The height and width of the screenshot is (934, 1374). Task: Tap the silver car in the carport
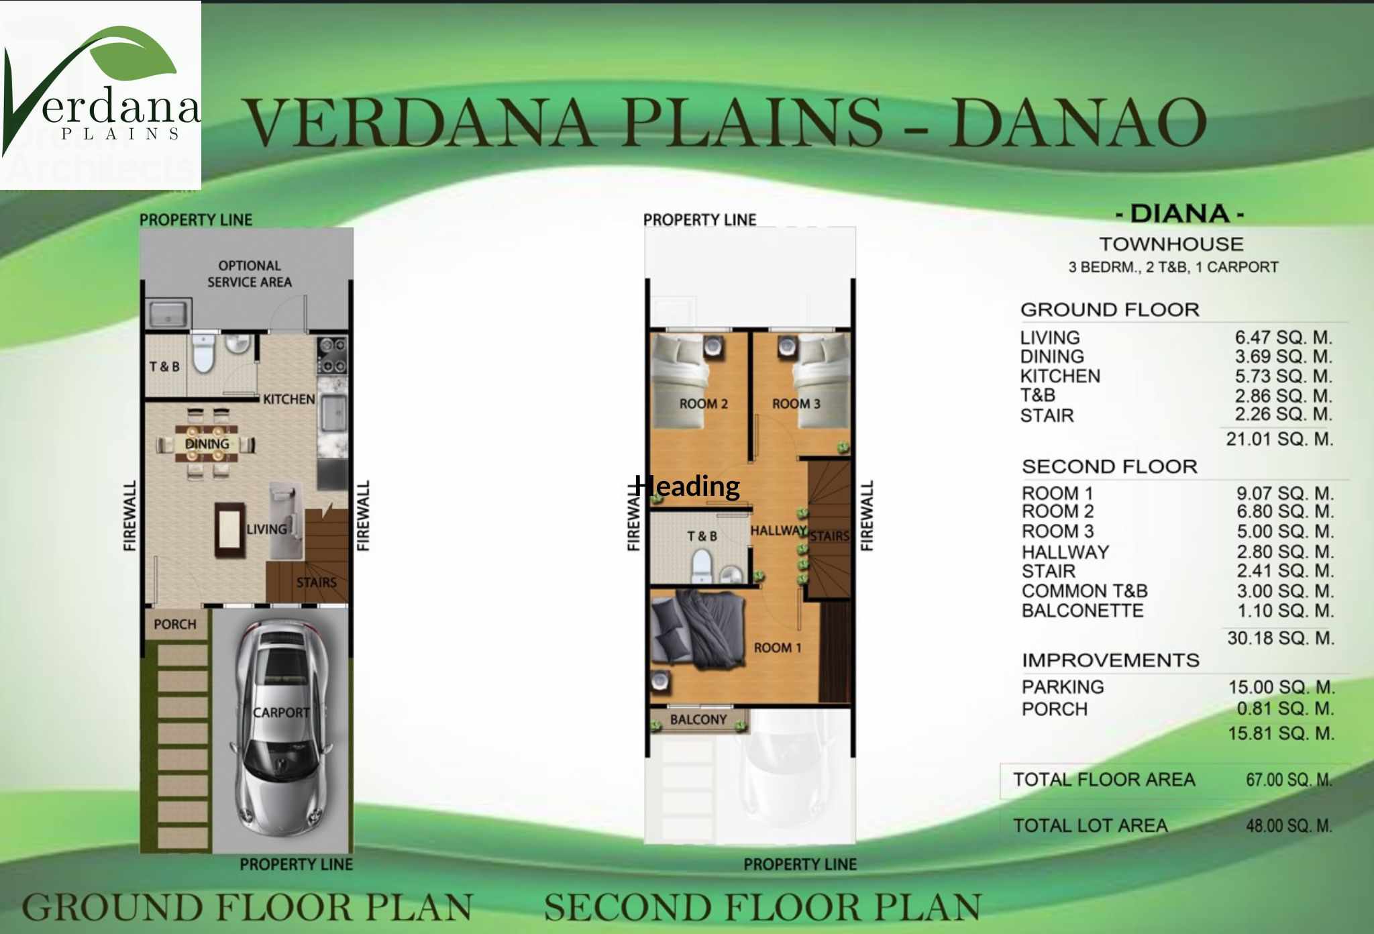pos(282,727)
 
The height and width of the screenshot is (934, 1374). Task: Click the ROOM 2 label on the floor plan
pos(703,404)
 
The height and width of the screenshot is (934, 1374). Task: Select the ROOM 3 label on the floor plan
pos(796,404)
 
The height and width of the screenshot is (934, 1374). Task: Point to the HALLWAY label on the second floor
pos(778,530)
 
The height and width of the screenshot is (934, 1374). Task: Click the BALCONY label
pos(698,719)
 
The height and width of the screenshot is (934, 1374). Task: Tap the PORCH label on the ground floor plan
pos(175,624)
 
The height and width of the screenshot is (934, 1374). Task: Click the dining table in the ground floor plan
pos(207,444)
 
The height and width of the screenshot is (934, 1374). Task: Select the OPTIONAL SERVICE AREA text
pos(250,274)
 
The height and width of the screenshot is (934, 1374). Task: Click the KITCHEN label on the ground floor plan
pos(288,399)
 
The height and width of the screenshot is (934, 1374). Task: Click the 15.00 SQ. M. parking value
pos(1281,687)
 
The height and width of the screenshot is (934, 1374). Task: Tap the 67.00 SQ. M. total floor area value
pos(1289,780)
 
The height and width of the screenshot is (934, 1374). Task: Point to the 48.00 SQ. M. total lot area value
pos(1289,825)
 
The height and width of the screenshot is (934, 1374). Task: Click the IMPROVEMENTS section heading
pos(1110,660)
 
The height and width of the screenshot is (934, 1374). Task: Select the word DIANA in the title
pos(1180,214)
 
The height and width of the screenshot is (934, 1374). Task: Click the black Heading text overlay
pos(688,486)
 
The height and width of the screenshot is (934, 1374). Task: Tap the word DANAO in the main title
pos(1077,121)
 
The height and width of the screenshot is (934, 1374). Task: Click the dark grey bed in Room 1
pos(698,631)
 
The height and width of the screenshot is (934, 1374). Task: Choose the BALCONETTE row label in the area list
pos(1082,611)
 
